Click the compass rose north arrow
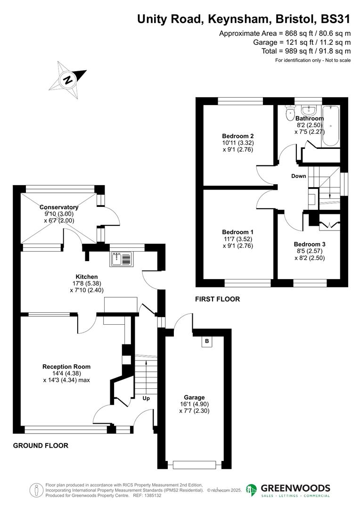[69, 79]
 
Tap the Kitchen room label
[87, 277]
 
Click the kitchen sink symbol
[123, 259]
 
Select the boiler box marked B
[207, 341]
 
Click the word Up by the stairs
[146, 398]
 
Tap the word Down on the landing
[298, 176]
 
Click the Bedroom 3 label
[310, 244]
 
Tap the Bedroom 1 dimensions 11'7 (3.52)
[238, 239]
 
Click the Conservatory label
[59, 207]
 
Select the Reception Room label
[66, 366]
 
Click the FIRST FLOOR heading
[218, 299]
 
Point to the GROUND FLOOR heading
[41, 445]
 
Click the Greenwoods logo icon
[252, 490]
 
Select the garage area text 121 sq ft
[287, 42]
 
